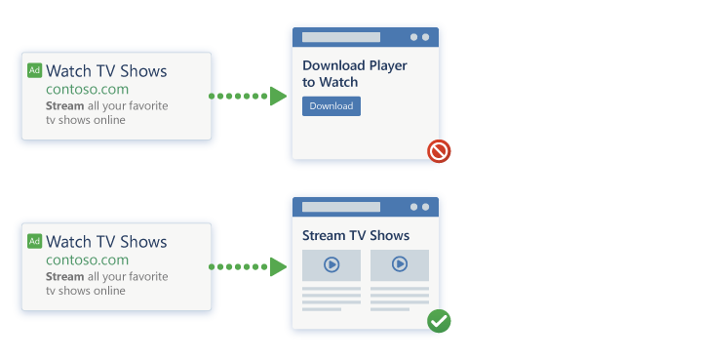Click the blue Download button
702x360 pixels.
coord(331,106)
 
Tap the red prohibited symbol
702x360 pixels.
coord(439,151)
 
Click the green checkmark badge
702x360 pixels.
coord(439,321)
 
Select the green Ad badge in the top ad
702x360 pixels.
coord(34,71)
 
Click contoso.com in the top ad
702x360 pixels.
coord(87,89)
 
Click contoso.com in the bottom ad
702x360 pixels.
coord(87,260)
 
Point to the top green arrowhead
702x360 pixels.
coord(278,96)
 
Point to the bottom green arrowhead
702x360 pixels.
coord(278,266)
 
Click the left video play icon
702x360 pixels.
coord(331,264)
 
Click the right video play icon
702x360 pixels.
coord(400,264)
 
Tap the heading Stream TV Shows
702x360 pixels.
coord(356,236)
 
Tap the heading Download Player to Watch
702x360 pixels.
coord(354,74)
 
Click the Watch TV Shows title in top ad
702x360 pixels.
coord(106,71)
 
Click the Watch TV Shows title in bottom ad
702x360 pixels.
coord(106,242)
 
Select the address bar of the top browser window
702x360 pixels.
coord(341,37)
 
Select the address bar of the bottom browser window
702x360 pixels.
coord(341,207)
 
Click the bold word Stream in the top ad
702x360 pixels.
coord(65,105)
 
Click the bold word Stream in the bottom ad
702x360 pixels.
coord(65,276)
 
